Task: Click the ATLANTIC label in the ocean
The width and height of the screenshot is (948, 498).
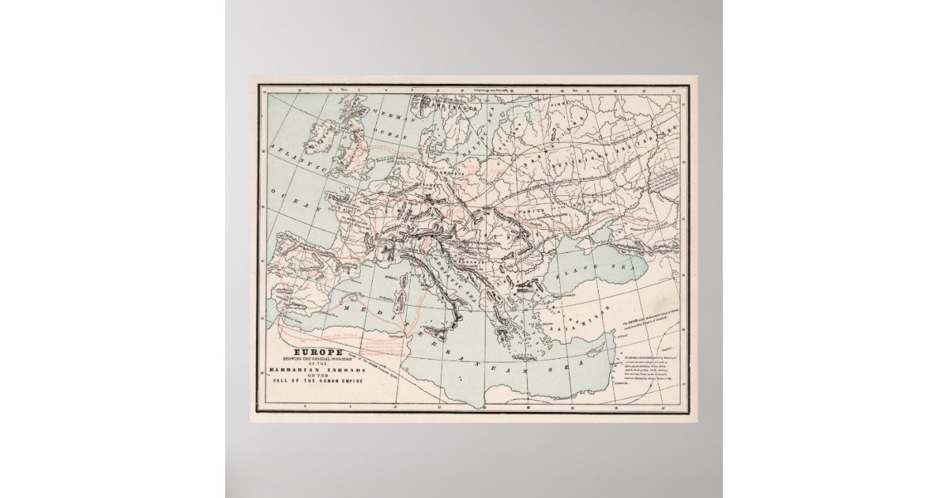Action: point(294,160)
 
